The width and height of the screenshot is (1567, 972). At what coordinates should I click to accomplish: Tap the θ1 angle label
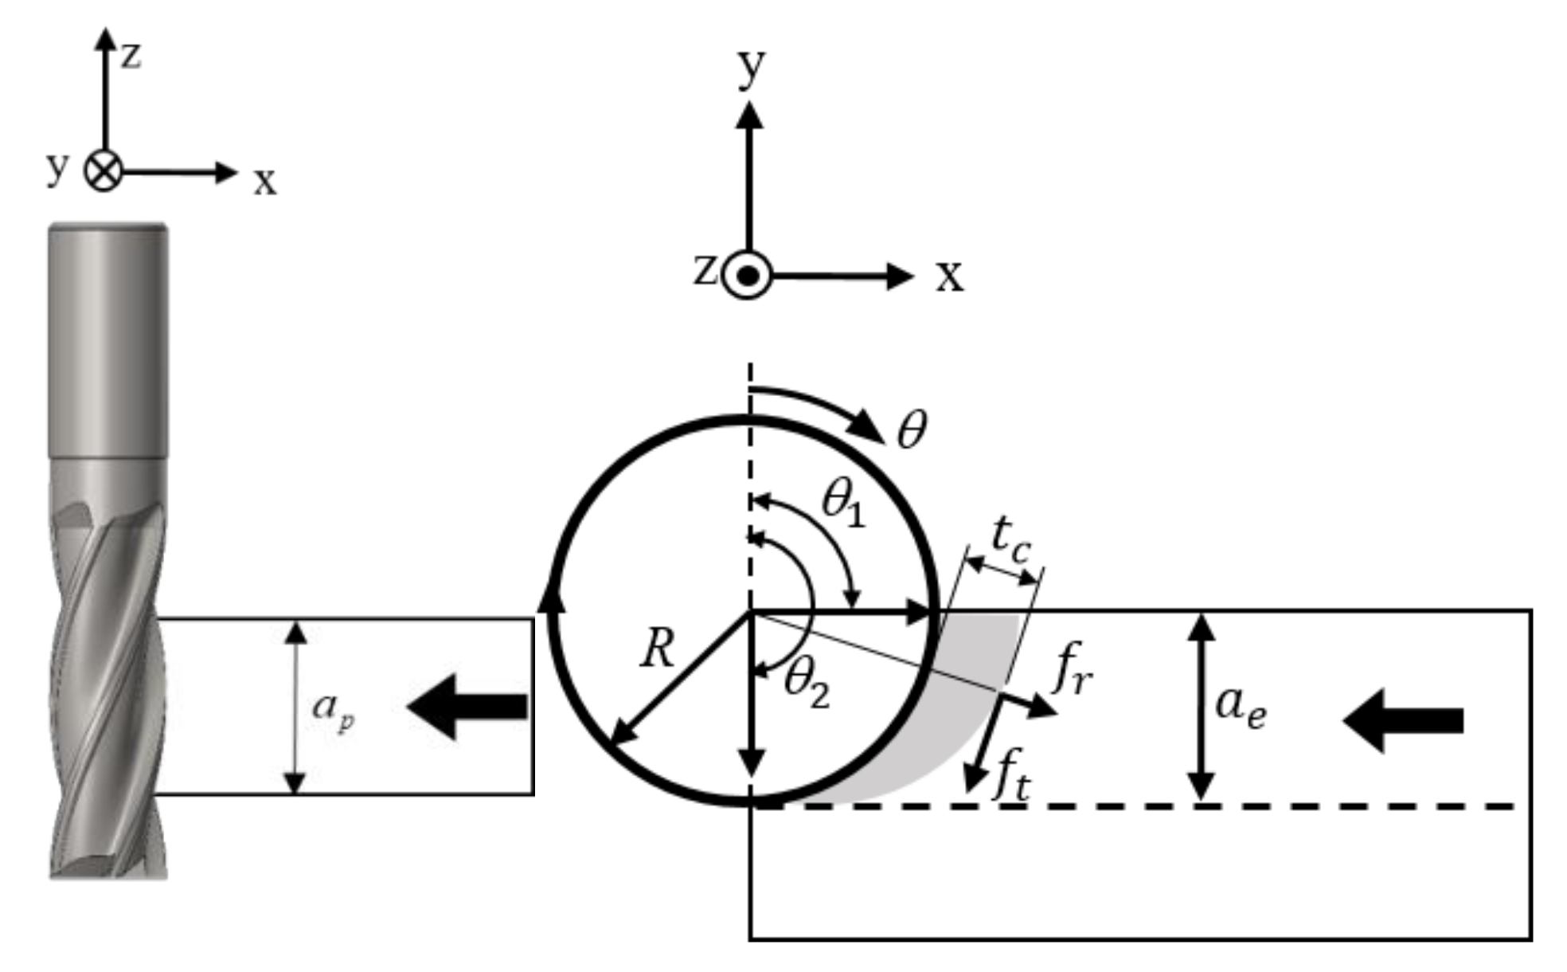842,504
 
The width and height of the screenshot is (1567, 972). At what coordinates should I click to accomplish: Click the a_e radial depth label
1240,707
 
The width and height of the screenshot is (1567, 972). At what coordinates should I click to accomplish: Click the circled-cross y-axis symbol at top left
104,171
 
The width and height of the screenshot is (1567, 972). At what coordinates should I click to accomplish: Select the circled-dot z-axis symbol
748,276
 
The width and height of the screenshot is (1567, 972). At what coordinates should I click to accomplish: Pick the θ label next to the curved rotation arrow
912,430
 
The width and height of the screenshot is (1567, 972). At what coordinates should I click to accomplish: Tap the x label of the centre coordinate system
949,276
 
